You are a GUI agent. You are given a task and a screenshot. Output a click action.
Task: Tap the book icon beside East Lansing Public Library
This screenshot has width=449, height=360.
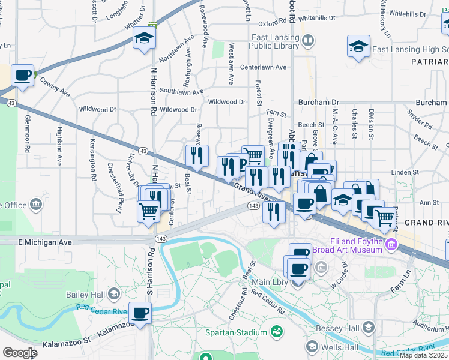coord(308,41)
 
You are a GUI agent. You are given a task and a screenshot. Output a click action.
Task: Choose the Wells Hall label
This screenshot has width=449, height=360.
coord(340,347)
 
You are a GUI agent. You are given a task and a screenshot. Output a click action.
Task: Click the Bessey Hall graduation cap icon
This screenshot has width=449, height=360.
coord(369,328)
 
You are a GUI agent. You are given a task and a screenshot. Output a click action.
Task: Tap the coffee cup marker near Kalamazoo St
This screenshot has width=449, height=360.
coord(140,313)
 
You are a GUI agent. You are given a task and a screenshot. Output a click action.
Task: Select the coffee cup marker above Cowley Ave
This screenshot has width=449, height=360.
coord(23,76)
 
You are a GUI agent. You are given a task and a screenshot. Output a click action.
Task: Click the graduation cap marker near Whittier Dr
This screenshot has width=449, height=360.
coord(144,39)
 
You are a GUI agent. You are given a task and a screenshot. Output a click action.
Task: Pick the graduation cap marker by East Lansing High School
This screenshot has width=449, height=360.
coord(358,46)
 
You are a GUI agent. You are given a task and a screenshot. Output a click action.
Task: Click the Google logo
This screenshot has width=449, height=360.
coord(20,353)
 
